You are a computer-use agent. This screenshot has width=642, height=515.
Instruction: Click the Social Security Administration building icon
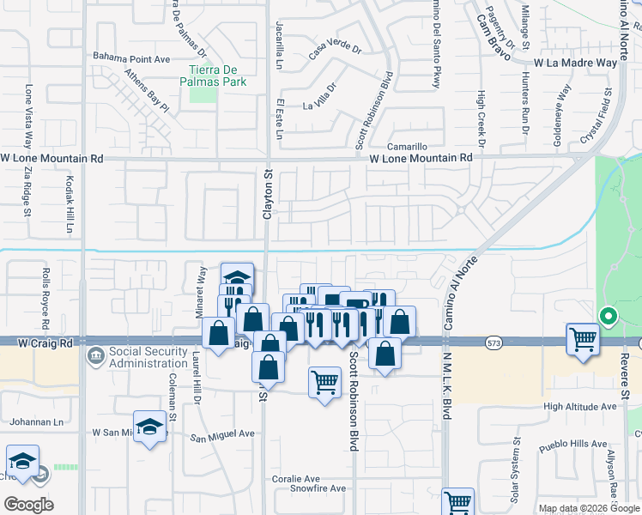pos(95,354)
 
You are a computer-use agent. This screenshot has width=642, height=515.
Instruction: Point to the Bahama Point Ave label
pos(133,58)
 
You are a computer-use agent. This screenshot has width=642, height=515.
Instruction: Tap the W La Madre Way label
pos(575,63)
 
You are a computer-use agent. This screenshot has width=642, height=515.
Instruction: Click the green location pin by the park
pos(608,317)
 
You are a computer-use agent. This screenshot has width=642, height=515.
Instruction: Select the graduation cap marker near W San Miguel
pos(149,427)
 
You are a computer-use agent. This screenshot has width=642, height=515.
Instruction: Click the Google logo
pos(28,504)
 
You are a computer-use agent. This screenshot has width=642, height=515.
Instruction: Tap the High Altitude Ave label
pos(579,406)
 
